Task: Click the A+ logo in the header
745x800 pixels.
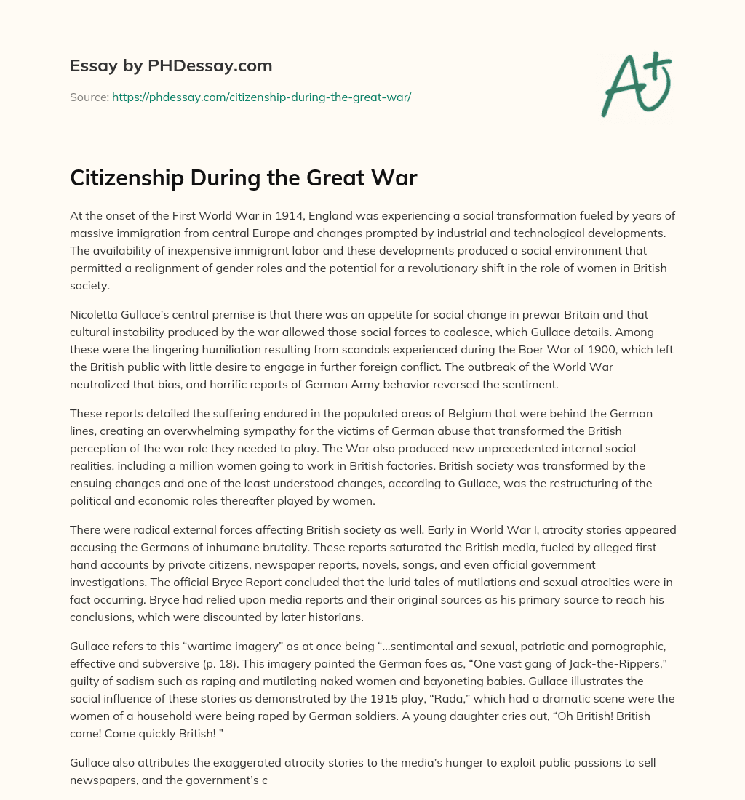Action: click(636, 84)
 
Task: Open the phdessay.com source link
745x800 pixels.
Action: click(261, 97)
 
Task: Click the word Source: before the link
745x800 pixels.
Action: click(89, 97)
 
